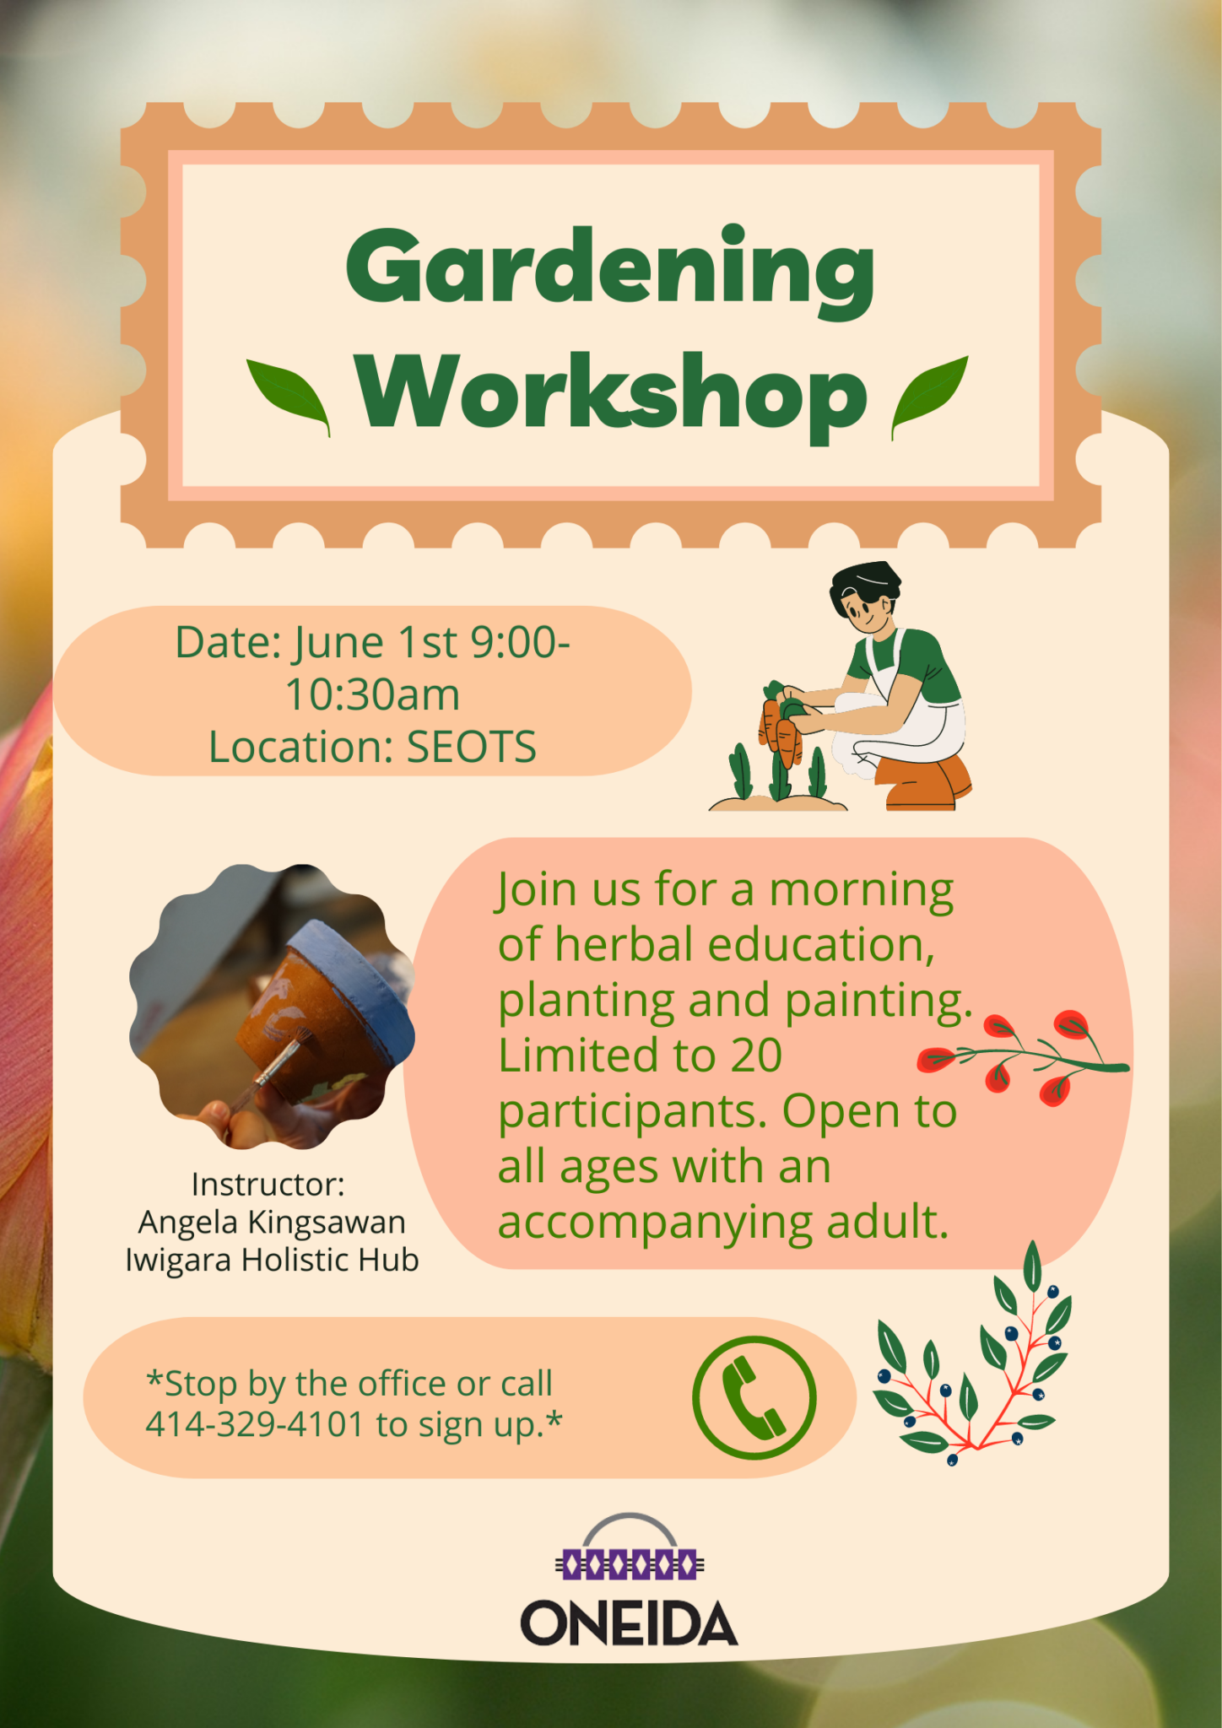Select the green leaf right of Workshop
(x=930, y=397)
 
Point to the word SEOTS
(x=472, y=747)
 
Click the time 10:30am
(x=372, y=695)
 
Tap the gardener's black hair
(x=863, y=584)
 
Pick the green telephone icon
(x=754, y=1398)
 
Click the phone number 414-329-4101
(x=254, y=1424)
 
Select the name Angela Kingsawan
(x=272, y=1222)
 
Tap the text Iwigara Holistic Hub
(x=272, y=1260)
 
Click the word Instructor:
(x=268, y=1184)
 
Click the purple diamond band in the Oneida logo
(x=630, y=1563)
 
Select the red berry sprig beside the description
(x=1023, y=1056)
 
